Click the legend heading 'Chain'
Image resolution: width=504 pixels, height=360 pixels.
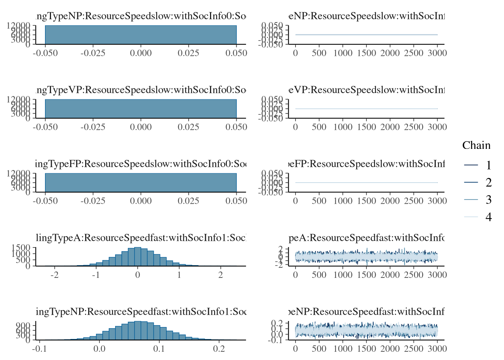(476, 145)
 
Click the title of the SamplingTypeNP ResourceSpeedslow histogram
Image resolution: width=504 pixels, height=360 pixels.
(141, 16)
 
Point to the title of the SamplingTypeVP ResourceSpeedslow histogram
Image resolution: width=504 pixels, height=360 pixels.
(141, 90)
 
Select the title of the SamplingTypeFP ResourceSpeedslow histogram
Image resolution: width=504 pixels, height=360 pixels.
(141, 164)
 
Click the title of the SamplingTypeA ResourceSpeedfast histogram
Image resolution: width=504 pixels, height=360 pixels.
(141, 238)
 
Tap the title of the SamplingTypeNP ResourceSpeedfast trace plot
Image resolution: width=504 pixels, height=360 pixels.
(366, 312)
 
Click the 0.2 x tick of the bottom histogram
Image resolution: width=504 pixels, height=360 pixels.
(219, 349)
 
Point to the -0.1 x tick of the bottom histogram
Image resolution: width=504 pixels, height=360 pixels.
(39, 349)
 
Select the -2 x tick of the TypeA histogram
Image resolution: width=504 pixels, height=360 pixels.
(55, 275)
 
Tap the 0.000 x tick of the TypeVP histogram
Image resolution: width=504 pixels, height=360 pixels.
(141, 127)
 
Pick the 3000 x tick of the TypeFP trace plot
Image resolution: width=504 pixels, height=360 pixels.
(437, 201)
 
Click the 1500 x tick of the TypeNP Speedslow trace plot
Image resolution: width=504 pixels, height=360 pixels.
(366, 53)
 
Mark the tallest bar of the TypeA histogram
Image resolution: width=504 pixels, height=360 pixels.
(138, 256)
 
